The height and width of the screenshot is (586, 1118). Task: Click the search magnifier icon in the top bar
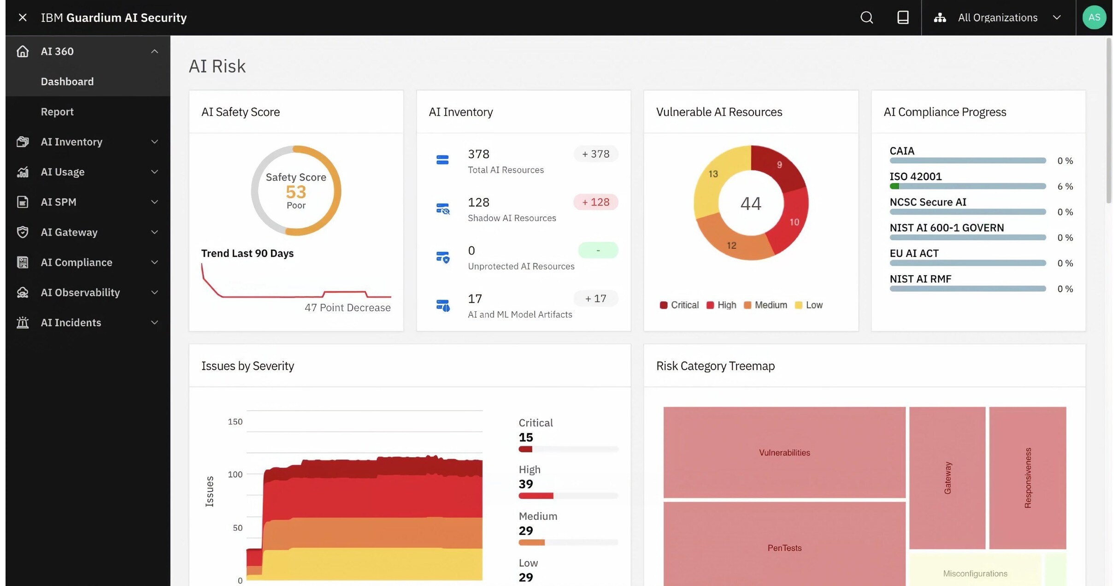(x=866, y=18)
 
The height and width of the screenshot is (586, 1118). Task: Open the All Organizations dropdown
(x=998, y=18)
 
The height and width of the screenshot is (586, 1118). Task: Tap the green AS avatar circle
(x=1094, y=18)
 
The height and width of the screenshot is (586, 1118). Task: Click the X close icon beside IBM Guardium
(x=23, y=18)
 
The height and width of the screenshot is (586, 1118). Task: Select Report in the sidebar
(x=57, y=112)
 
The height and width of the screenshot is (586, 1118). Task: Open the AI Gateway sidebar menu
(x=69, y=232)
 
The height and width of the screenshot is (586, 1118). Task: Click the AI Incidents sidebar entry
(x=71, y=322)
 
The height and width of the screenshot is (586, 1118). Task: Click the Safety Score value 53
(x=296, y=192)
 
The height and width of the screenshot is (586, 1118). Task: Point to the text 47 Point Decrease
(x=347, y=308)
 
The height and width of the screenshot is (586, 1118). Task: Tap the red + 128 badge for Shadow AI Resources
(x=595, y=202)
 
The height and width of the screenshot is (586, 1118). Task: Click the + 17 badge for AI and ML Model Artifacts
(x=595, y=298)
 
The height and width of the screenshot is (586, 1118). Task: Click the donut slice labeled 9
(x=779, y=166)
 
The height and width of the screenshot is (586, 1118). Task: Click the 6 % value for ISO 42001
(x=1065, y=186)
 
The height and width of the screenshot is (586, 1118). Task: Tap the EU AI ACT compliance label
(x=914, y=253)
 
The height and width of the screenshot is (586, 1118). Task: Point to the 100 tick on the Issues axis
(x=235, y=474)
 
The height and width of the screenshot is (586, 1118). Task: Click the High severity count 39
(x=526, y=484)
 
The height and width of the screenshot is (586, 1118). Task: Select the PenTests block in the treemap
(x=784, y=548)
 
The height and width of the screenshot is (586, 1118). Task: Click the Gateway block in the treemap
(x=947, y=478)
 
